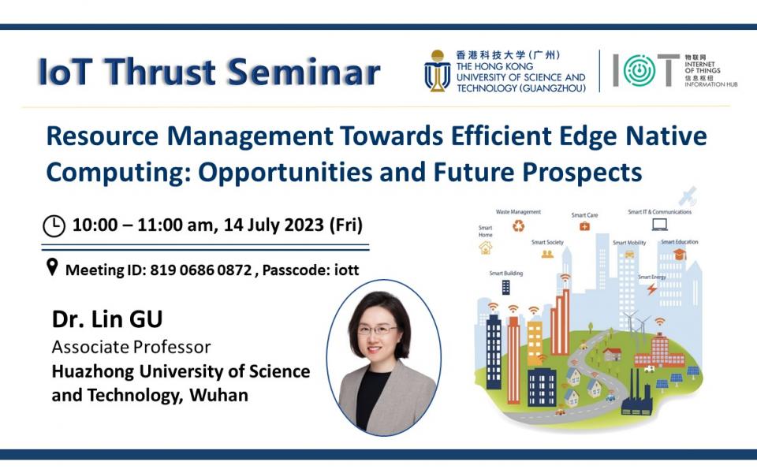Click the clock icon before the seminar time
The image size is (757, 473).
(x=54, y=226)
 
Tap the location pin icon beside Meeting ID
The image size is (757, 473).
(x=52, y=268)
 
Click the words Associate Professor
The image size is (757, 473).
(x=132, y=346)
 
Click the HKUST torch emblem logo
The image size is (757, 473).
(x=437, y=72)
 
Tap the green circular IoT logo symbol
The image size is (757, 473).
(x=640, y=71)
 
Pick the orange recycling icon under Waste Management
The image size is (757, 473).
(x=518, y=226)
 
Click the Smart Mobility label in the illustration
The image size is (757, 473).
(x=629, y=243)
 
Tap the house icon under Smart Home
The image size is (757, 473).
(x=485, y=248)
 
